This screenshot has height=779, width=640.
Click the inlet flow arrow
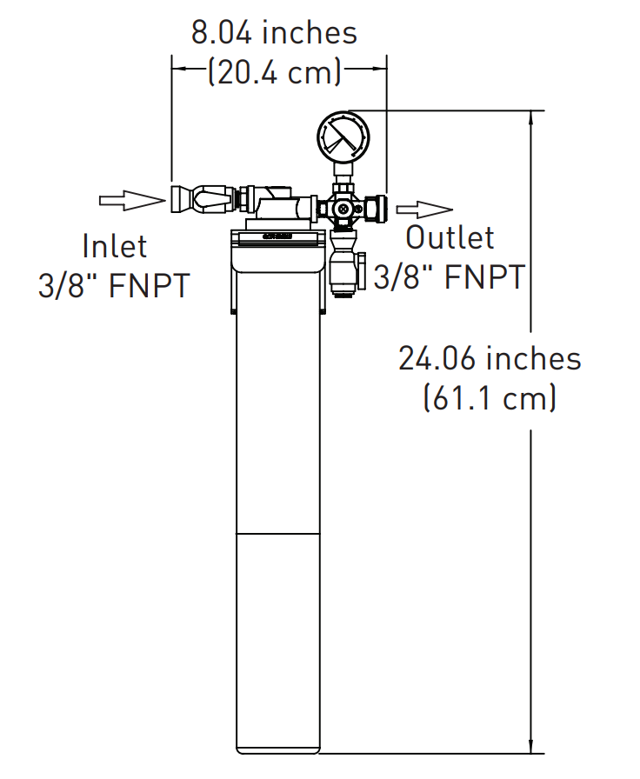pyautogui.click(x=130, y=200)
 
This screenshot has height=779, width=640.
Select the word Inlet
pyautogui.click(x=115, y=246)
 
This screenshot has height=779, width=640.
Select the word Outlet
pyautogui.click(x=450, y=237)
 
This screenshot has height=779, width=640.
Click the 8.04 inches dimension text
pyautogui.click(x=274, y=33)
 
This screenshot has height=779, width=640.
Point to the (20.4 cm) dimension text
pyautogui.click(x=274, y=72)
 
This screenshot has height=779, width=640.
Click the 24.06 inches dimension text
pyautogui.click(x=490, y=358)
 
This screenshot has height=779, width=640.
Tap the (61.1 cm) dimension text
pyautogui.click(x=490, y=398)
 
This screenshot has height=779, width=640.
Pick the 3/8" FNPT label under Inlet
pyautogui.click(x=114, y=286)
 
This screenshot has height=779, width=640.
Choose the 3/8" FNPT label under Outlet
pyautogui.click(x=450, y=277)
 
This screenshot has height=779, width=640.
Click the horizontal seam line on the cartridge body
pyautogui.click(x=279, y=532)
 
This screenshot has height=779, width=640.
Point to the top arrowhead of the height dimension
pyautogui.click(x=530, y=117)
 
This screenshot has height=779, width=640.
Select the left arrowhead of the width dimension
pyautogui.click(x=177, y=67)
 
